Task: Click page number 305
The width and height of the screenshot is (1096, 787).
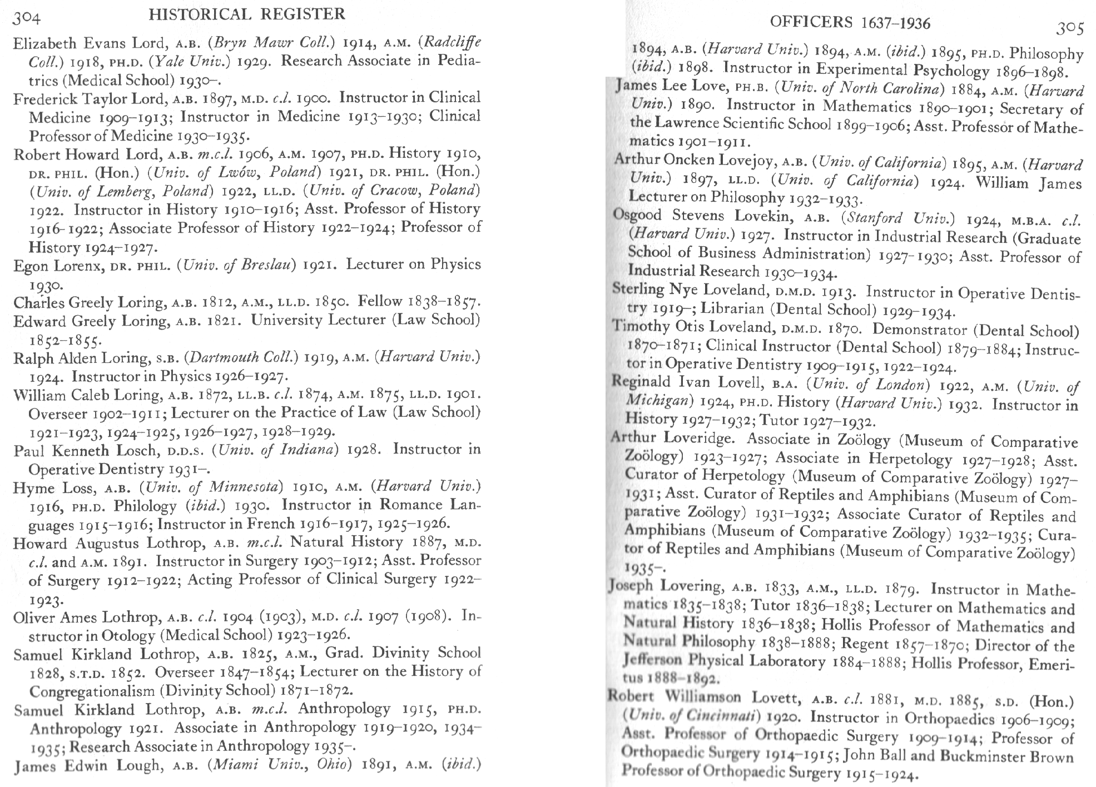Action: click(x=1069, y=28)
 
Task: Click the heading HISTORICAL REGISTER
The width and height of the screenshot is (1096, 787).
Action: click(x=247, y=14)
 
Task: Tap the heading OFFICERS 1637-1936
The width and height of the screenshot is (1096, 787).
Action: click(x=850, y=22)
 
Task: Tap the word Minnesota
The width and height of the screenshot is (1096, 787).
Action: click(x=245, y=487)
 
